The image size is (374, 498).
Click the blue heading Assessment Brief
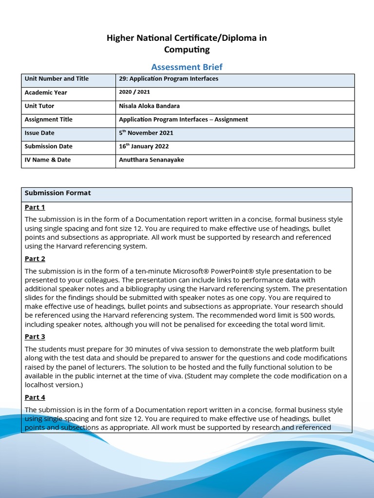[187, 67]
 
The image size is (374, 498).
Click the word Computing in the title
[187, 49]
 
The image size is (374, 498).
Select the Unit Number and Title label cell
[56, 79]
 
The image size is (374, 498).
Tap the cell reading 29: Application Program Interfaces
[168, 79]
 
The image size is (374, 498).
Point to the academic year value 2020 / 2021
[134, 92]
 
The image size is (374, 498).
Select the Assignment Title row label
[48, 120]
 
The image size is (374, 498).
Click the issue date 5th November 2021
[146, 133]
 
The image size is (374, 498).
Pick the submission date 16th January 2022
[144, 146]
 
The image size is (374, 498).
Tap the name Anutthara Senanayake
[151, 160]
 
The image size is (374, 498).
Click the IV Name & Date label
[48, 160]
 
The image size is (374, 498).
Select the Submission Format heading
[57, 193]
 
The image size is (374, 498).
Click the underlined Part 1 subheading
[35, 207]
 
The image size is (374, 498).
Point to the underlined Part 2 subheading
[35, 259]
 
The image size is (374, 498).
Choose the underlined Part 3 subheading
[35, 337]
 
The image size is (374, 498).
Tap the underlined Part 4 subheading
[35, 397]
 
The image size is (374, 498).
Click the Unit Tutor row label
[39, 106]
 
